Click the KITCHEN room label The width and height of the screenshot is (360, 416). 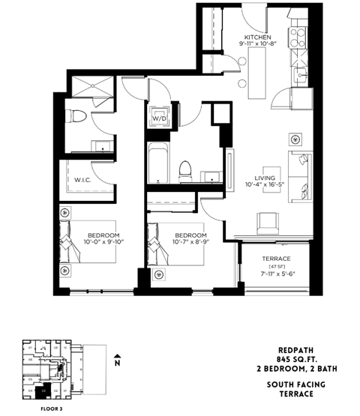pos(256,37)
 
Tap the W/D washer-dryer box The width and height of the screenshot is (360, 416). pos(159,118)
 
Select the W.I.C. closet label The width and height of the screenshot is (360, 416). pos(82,179)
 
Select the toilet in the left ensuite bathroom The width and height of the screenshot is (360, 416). pos(74,116)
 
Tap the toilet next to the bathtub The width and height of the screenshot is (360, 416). pos(186,169)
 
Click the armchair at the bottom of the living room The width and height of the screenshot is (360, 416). pos(268,222)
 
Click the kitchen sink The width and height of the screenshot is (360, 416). pos(303,76)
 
